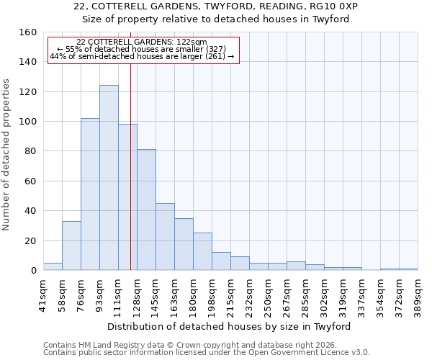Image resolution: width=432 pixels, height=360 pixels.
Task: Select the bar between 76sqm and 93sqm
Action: click(x=90, y=194)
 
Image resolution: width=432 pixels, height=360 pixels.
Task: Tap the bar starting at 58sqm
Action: click(x=71, y=246)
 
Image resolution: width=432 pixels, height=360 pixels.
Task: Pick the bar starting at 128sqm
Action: click(x=146, y=210)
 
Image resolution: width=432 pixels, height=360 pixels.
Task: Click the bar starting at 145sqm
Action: click(x=165, y=237)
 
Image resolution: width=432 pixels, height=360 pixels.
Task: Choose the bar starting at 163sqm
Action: click(x=184, y=244)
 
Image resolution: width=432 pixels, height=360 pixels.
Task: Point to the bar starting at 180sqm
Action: click(x=202, y=251)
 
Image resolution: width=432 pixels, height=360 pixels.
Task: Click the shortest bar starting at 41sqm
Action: click(x=53, y=266)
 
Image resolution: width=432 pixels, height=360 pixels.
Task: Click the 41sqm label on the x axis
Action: click(x=44, y=294)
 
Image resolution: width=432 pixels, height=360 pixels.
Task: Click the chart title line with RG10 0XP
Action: click(x=215, y=6)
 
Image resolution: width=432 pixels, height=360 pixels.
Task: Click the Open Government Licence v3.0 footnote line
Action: click(x=207, y=352)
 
